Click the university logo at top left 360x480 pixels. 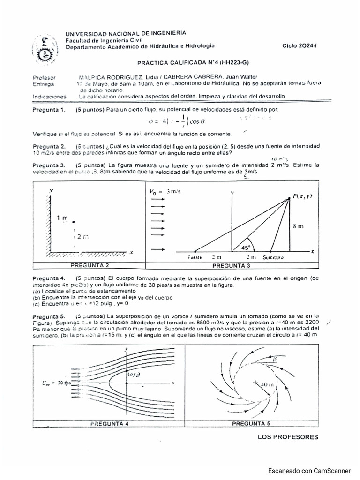(x=45, y=48)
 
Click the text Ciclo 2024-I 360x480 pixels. (x=300, y=46)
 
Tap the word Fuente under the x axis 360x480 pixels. (x=194, y=258)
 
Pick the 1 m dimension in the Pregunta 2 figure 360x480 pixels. (x=62, y=218)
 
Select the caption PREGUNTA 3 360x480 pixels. (x=231, y=265)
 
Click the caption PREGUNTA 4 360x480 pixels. (x=109, y=423)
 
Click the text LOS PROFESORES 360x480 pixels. (x=288, y=437)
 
